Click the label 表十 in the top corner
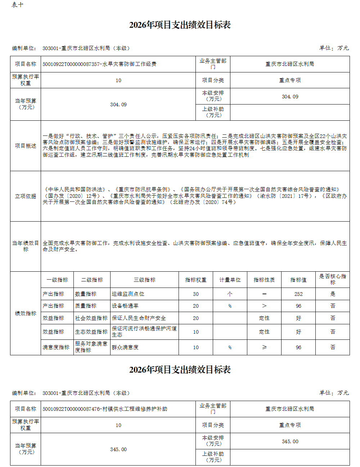[17, 5]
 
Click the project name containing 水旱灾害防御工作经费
[99, 64]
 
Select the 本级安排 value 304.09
[290, 97]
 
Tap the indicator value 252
[298, 294]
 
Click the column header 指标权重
[195, 280]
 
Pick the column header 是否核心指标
[332, 279]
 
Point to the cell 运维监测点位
[128, 294]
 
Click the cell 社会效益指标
[91, 318]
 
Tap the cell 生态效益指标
[91, 332]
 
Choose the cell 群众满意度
[125, 347]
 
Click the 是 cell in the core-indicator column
[333, 294]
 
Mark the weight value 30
[195, 294]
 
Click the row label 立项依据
[26, 196]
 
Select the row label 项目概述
[26, 146]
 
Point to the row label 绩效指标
[26, 313]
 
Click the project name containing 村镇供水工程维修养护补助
[105, 409]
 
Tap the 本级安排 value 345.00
[290, 441]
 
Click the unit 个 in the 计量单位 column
[230, 294]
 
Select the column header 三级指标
[144, 280]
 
